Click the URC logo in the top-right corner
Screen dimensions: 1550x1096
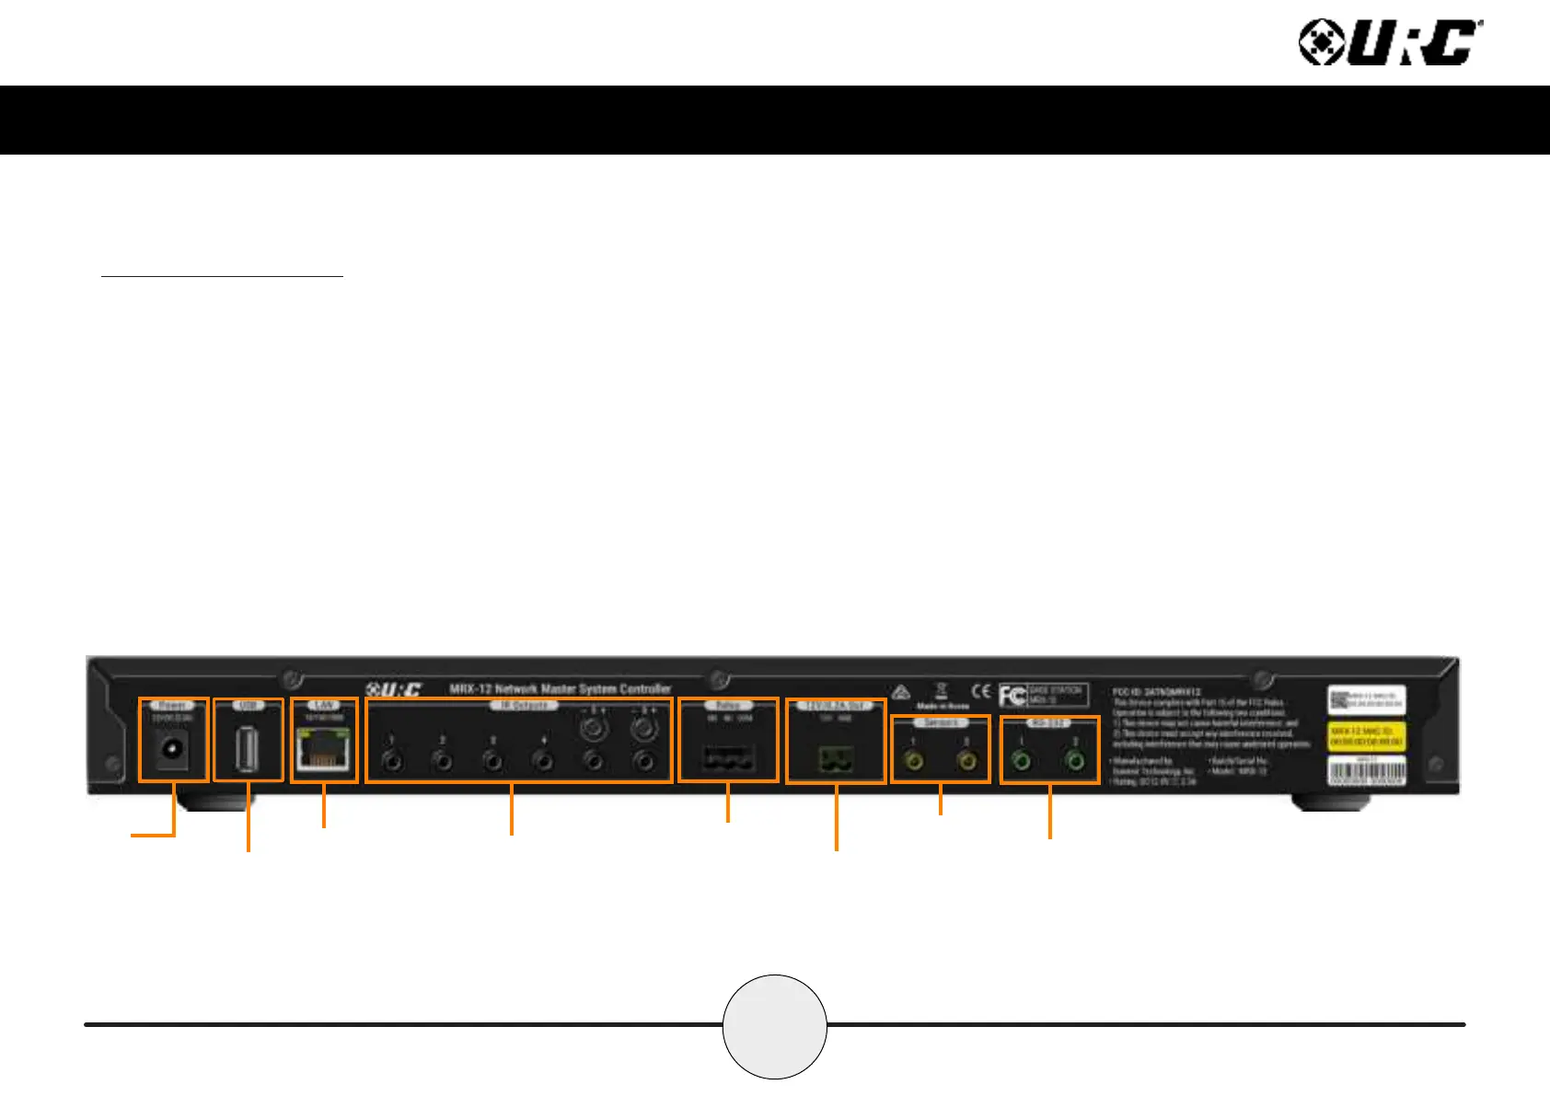1390,43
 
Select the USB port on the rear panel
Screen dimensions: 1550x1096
247,748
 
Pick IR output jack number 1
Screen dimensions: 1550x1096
392,762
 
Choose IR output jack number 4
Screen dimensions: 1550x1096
544,762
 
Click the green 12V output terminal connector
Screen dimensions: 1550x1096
836,760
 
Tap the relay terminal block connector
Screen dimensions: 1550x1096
727,759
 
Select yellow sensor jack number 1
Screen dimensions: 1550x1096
915,762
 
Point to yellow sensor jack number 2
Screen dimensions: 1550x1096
967,762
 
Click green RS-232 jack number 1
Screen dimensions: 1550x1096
1021,762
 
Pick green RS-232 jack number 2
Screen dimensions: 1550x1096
1074,762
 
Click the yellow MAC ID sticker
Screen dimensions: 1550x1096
1366,736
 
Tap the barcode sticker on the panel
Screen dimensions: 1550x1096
1366,771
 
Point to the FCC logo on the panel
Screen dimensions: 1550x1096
1012,696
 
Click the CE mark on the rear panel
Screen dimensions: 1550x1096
981,691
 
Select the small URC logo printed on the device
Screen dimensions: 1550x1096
393,689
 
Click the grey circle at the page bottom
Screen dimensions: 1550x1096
775,1026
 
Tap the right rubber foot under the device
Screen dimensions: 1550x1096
1327,802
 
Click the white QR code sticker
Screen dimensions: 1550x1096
1366,700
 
